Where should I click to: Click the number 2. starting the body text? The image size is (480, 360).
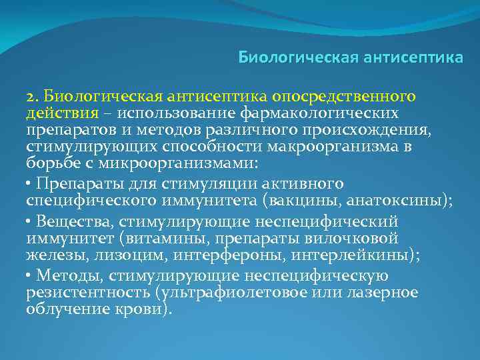pyautogui.click(x=33, y=98)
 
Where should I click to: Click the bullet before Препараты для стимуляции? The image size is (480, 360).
pyautogui.click(x=29, y=183)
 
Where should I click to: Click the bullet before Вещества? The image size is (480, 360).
pyautogui.click(x=29, y=221)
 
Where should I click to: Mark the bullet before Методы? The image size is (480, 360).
pyautogui.click(x=29, y=275)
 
